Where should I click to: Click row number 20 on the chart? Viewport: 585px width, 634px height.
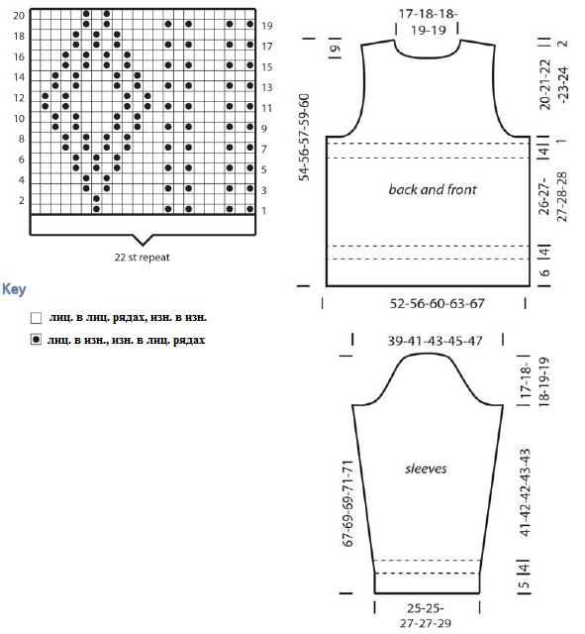[x=19, y=16]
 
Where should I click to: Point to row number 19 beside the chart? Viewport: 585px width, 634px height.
[x=266, y=26]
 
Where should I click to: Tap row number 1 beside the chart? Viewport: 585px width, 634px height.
[x=264, y=211]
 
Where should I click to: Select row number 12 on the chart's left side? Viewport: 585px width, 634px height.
[x=19, y=98]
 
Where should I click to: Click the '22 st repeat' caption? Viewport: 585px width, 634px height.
[x=142, y=258]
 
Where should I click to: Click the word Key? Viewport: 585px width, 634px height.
[x=14, y=289]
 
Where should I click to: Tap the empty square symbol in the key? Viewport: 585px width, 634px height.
[x=36, y=318]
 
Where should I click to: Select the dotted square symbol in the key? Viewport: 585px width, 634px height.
[x=36, y=340]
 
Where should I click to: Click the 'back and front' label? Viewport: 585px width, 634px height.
[x=433, y=189]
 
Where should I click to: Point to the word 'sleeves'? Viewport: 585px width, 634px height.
[x=426, y=469]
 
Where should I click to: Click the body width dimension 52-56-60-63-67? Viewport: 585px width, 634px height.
[x=437, y=303]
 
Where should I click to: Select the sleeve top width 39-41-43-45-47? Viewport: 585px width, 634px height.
[x=435, y=341]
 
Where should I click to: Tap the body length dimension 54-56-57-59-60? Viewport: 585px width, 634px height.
[x=304, y=138]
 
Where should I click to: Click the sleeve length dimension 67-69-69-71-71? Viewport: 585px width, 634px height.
[x=347, y=503]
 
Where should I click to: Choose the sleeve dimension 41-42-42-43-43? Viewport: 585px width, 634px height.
[x=524, y=492]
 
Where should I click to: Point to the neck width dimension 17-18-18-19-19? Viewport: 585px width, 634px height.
[x=428, y=22]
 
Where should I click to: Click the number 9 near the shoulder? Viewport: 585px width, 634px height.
[x=334, y=49]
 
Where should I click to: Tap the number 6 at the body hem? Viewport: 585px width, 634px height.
[x=545, y=272]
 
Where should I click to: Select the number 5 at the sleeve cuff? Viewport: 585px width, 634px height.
[x=524, y=584]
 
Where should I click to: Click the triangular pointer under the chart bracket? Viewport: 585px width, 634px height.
[x=143, y=240]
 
